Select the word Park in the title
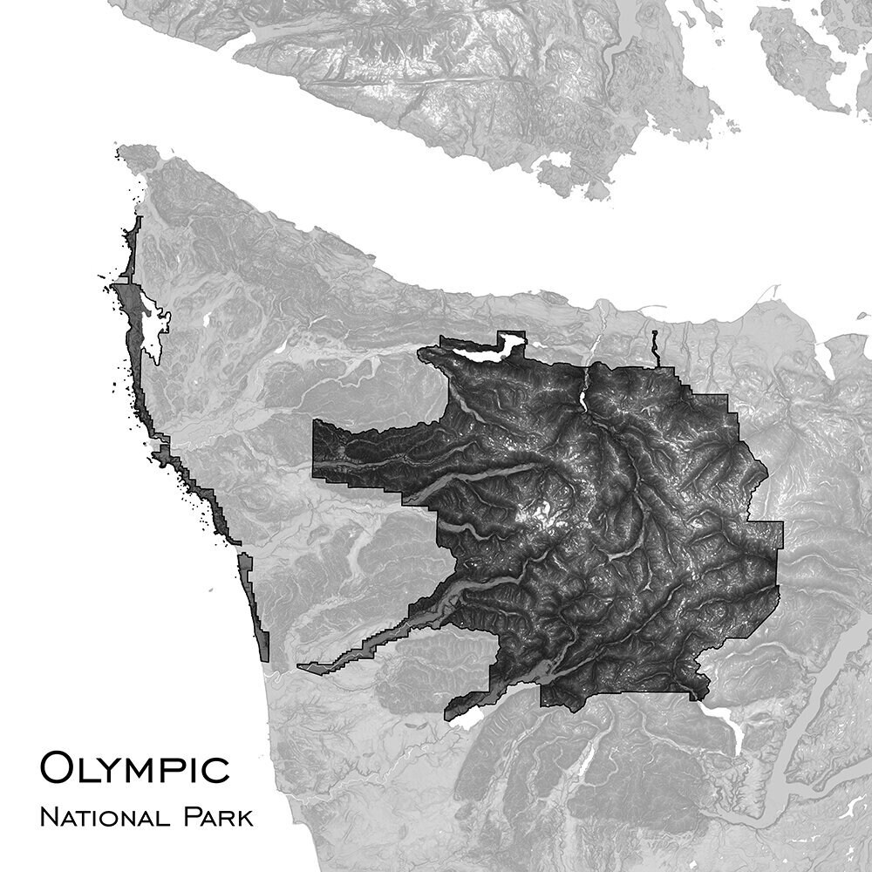[x=218, y=819]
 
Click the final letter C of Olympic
[x=217, y=768]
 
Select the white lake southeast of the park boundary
[x=724, y=724]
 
